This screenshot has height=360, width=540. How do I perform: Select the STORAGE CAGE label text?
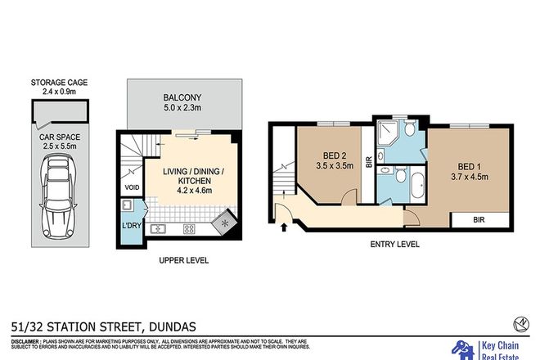click(58, 83)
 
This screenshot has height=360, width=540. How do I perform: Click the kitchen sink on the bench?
click(158, 228)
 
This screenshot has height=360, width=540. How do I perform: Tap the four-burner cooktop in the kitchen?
click(188, 228)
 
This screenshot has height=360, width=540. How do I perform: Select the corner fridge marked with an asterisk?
click(223, 222)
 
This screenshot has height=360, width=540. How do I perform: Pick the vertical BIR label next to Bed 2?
click(369, 162)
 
